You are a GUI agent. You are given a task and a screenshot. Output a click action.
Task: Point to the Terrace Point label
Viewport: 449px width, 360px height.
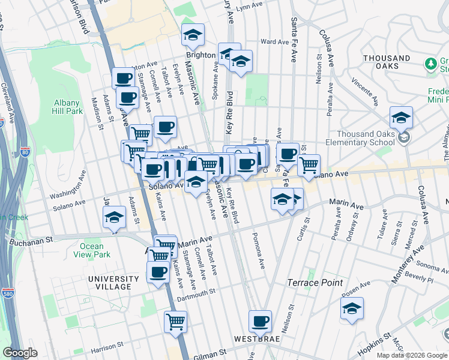pyautogui.click(x=315, y=283)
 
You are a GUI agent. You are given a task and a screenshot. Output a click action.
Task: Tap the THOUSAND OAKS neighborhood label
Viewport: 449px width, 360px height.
pyautogui.click(x=387, y=58)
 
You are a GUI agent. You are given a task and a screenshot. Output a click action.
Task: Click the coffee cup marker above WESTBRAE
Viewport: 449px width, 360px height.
pyautogui.click(x=260, y=322)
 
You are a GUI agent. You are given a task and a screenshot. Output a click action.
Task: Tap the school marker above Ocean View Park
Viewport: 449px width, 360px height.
pyautogui.click(x=113, y=218)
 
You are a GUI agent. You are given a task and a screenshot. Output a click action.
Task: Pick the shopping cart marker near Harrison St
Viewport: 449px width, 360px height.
pyautogui.click(x=175, y=322)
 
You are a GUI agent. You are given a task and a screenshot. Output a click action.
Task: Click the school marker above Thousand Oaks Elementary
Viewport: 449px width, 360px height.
pyautogui.click(x=401, y=118)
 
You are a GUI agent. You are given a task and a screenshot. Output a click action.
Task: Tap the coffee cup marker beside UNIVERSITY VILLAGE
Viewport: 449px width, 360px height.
pyautogui.click(x=158, y=272)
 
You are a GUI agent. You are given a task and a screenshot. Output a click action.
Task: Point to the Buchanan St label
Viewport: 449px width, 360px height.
pyautogui.click(x=32, y=242)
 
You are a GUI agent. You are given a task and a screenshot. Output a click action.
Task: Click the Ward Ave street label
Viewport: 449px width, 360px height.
pyautogui.click(x=275, y=42)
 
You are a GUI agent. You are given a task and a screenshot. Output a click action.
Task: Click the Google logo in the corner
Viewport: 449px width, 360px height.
pyautogui.click(x=20, y=353)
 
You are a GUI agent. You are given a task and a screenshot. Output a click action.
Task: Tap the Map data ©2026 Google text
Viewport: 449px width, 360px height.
pyautogui.click(x=412, y=355)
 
